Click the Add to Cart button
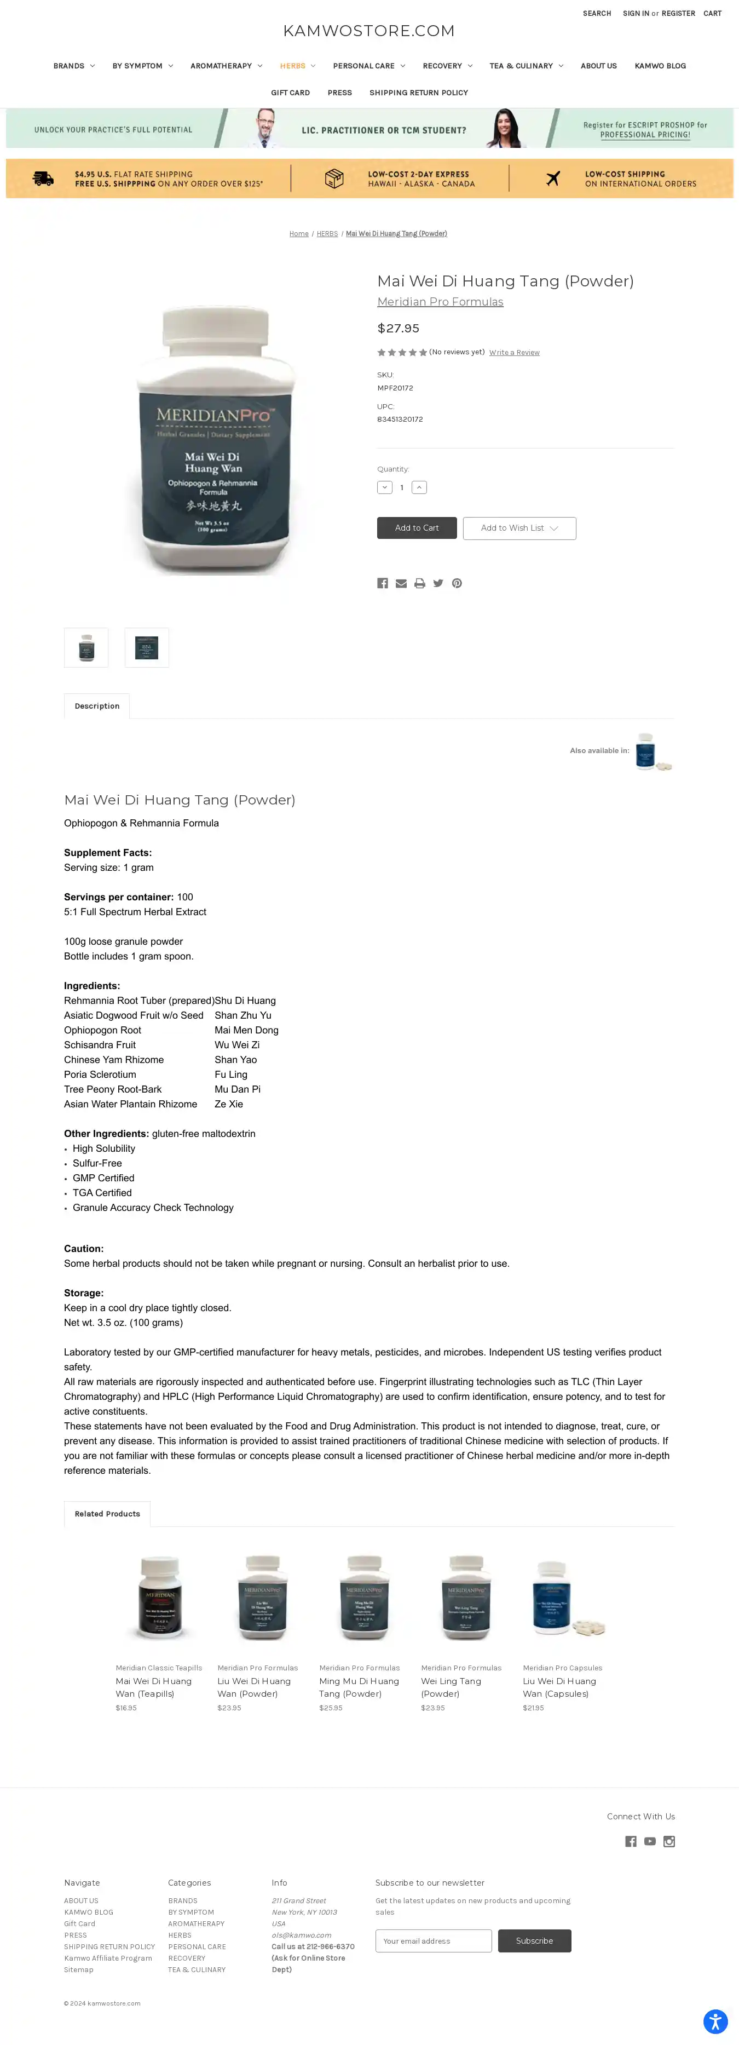coord(417,528)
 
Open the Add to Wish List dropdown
coord(519,528)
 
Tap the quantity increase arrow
coord(419,487)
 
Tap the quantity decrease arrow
coord(385,487)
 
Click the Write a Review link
coord(515,353)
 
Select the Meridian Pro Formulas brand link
coord(440,302)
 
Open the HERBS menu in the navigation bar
coord(297,66)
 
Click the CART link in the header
coord(712,14)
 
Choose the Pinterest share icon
coord(457,583)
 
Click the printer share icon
coord(420,583)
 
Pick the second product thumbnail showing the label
coord(147,648)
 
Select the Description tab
coord(97,706)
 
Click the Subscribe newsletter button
coord(534,1941)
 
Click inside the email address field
coord(434,1941)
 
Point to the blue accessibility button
coord(715,2021)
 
